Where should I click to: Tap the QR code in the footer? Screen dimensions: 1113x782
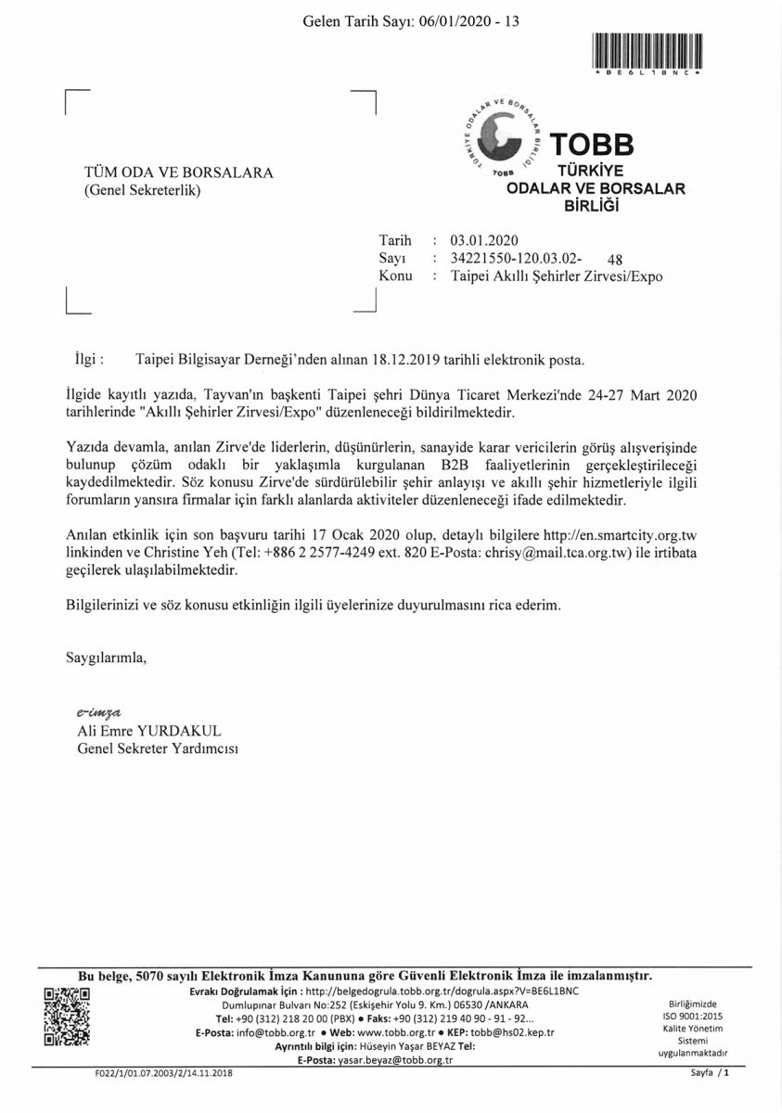click(x=68, y=1017)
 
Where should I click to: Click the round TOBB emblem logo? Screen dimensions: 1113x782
click(x=505, y=138)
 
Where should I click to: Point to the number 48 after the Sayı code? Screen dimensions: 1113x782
click(x=614, y=260)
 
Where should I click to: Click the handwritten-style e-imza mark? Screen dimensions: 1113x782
click(x=98, y=712)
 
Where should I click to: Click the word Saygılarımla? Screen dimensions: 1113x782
click(x=106, y=659)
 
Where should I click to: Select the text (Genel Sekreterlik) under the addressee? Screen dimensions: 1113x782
click(x=142, y=191)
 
